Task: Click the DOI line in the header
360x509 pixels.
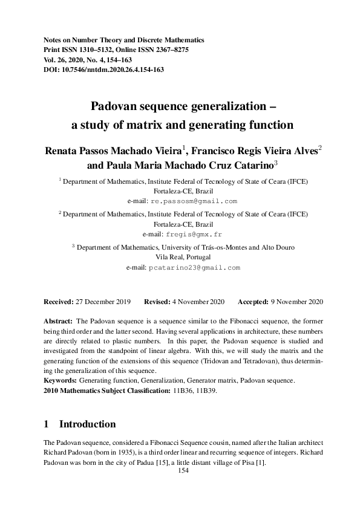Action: point(103,70)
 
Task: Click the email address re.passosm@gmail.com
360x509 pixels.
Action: point(194,201)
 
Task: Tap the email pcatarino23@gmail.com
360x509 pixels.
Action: point(194,267)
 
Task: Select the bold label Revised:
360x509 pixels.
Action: point(160,301)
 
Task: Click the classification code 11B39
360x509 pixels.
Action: point(208,391)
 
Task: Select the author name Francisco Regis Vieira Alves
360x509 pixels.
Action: point(255,151)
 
